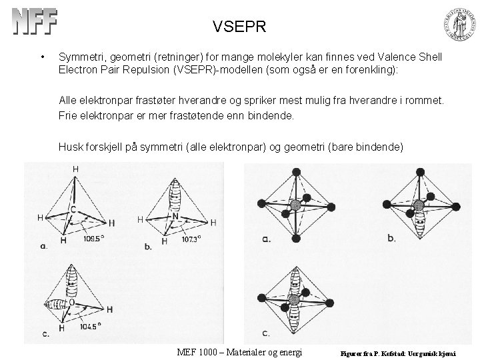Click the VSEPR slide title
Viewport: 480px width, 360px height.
(239, 27)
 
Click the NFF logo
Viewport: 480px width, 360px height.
(35, 23)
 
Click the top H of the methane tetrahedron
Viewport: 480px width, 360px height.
(75, 170)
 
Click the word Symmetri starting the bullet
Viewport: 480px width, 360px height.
(83, 58)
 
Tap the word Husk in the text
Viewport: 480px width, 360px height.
(70, 146)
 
